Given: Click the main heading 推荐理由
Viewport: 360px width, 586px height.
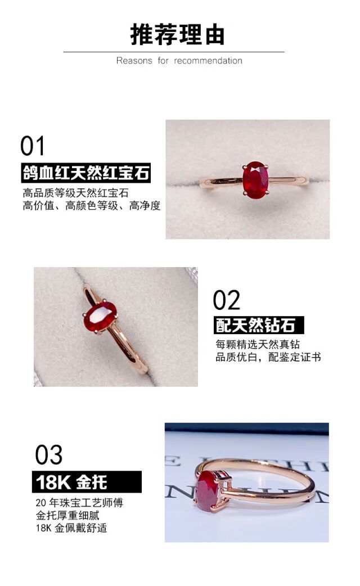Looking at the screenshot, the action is [x=178, y=35].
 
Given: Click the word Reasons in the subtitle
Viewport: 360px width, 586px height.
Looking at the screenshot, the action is [x=134, y=61].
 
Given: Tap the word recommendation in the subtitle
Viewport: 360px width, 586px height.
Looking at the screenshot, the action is [x=208, y=61].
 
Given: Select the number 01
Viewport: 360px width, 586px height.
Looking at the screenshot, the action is [x=33, y=146].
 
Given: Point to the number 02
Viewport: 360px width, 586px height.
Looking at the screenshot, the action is [x=227, y=300].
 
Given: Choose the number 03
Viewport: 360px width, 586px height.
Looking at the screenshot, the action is [x=48, y=455].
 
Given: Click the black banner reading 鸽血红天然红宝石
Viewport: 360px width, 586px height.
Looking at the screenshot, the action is [x=86, y=173].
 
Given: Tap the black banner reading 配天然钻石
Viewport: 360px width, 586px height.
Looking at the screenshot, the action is [x=259, y=325].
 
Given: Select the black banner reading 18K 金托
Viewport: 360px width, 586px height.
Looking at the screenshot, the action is [x=87, y=482].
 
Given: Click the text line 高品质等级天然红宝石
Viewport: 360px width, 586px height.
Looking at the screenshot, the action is [x=76, y=193].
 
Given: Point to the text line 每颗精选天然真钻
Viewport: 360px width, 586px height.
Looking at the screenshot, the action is [x=258, y=344].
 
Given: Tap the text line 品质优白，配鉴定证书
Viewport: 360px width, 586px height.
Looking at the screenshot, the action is [x=268, y=357].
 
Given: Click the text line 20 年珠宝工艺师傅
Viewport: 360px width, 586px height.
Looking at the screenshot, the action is [x=79, y=503].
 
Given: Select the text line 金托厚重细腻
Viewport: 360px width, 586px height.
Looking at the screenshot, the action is [x=67, y=515].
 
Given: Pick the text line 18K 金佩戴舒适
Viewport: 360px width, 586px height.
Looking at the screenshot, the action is [x=71, y=528].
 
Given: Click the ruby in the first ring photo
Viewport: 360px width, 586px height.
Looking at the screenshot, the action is [x=255, y=179].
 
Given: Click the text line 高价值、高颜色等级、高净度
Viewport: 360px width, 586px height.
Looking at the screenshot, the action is [x=92, y=205].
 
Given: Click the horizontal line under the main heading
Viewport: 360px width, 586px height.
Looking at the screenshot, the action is [x=174, y=52].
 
